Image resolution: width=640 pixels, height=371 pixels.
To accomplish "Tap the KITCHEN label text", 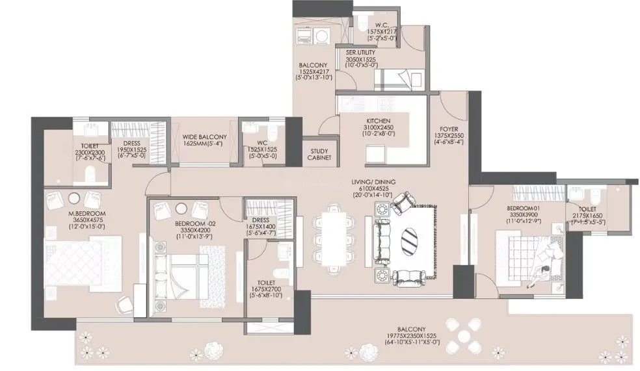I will pyautogui.click(x=377, y=122).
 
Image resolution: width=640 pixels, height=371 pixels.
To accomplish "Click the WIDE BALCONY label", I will pyautogui.click(x=204, y=136).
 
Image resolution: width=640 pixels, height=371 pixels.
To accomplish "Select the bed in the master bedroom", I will pyautogui.click(x=83, y=260).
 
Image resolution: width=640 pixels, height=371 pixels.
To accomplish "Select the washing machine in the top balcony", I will pyautogui.click(x=304, y=38).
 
